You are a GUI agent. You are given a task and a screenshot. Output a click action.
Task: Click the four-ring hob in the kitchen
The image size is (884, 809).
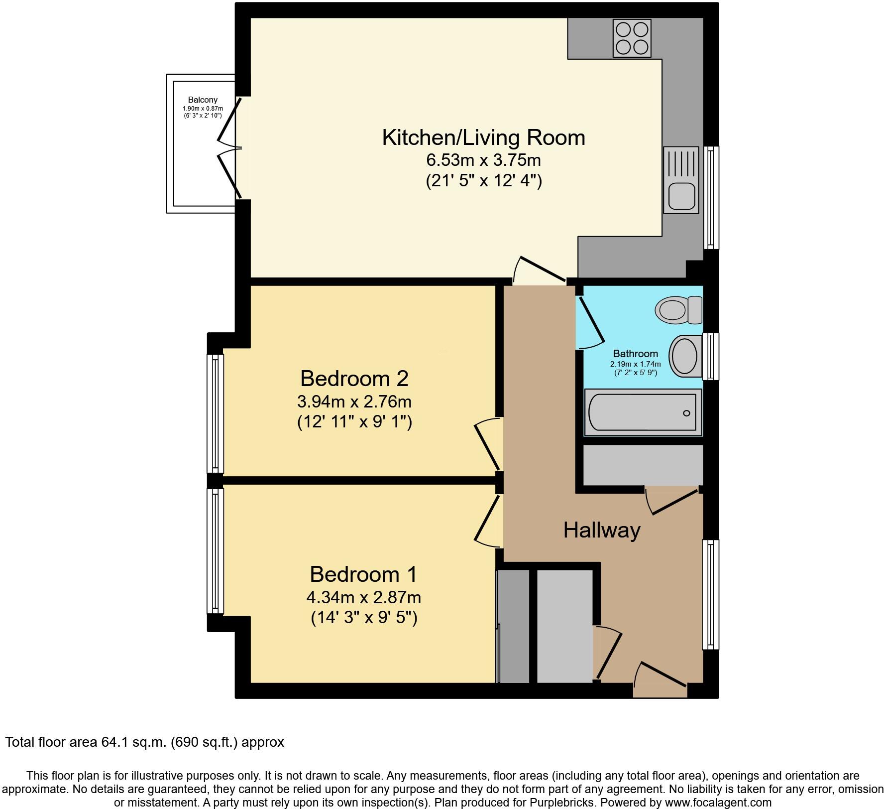click(632, 38)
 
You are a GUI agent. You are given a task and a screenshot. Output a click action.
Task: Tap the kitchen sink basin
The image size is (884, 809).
click(681, 195)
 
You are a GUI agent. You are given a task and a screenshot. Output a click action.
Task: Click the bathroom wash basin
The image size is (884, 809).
click(685, 356)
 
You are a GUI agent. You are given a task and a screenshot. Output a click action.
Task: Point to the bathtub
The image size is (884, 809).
click(642, 412)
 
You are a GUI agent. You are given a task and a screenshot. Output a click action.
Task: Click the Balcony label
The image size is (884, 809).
click(203, 100)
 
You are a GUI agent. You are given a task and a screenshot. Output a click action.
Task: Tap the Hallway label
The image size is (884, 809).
click(601, 530)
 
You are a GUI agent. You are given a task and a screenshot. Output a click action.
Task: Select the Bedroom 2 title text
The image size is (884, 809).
click(354, 379)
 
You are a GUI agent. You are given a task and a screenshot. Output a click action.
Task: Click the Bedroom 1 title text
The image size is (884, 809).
click(363, 574)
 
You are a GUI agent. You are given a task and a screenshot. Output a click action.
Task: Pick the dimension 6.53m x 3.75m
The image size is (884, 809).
click(483, 160)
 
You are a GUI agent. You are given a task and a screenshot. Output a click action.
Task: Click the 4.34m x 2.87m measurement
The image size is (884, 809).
click(364, 596)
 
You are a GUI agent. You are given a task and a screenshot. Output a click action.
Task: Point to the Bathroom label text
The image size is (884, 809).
click(635, 354)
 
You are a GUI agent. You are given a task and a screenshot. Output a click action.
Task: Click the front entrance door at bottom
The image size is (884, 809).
click(661, 677)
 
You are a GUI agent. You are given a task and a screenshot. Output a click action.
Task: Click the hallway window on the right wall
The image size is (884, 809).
click(710, 594)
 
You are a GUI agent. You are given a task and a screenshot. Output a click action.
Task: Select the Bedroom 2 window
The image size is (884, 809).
click(215, 413)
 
